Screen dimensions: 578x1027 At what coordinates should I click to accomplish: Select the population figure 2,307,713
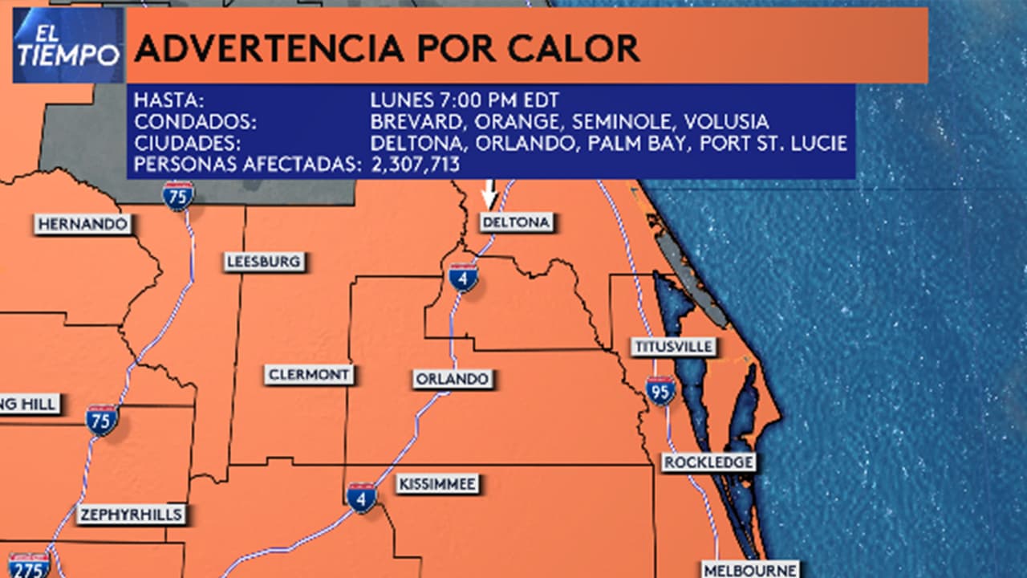point(415,165)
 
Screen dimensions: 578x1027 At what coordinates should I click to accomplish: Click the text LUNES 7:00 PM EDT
point(465,100)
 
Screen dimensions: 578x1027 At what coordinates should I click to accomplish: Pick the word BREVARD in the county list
point(417,122)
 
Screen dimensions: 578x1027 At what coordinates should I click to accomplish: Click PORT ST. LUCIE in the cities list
point(773,144)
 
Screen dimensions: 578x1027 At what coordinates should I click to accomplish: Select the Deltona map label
point(517,222)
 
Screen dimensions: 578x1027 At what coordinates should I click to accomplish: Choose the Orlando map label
point(452,379)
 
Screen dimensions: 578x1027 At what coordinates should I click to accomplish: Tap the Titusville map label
point(673,347)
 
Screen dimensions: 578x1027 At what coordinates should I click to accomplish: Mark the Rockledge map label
point(708,462)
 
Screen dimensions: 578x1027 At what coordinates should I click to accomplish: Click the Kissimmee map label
point(437,484)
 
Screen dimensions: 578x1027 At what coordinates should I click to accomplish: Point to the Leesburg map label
point(263,262)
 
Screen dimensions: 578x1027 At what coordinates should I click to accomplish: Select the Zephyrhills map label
point(131,515)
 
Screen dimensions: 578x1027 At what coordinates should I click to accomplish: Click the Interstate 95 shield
point(660,391)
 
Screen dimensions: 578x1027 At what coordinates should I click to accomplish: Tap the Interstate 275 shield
point(29,565)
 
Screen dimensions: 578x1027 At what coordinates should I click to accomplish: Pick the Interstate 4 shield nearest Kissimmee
point(362,498)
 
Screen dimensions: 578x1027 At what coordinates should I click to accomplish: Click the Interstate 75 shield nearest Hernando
point(177,195)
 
